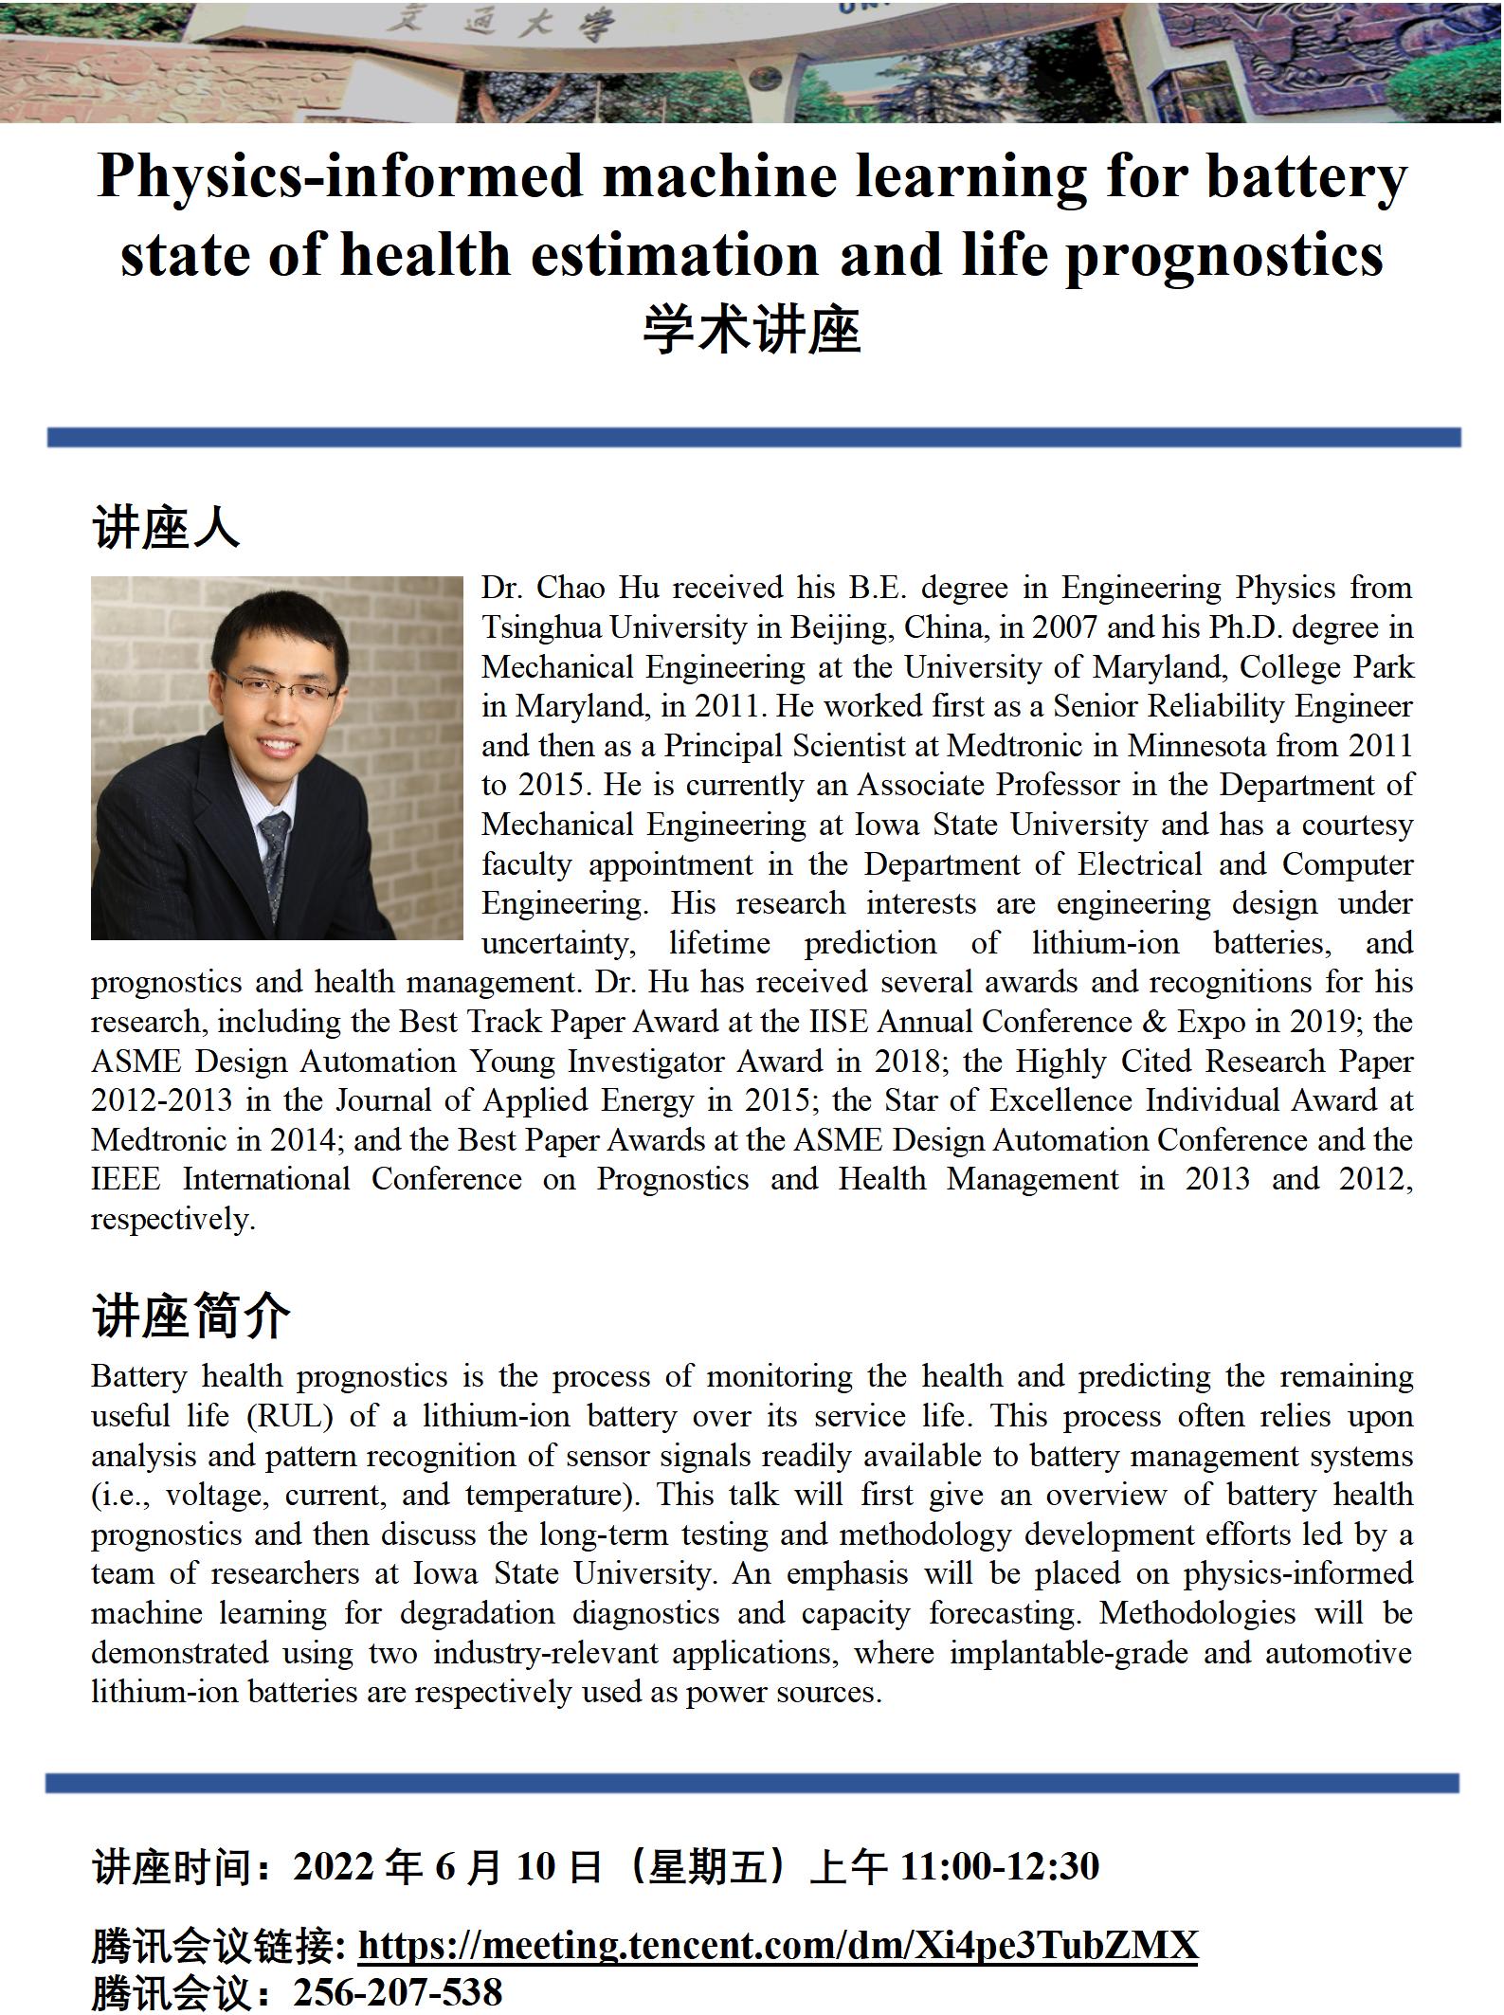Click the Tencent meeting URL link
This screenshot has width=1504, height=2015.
pos(777,1944)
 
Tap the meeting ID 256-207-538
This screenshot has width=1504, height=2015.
pos(397,1992)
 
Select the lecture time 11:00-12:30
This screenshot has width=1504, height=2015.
pos(999,1865)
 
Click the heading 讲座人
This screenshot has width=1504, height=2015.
pos(166,527)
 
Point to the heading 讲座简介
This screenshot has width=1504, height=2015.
pos(190,1316)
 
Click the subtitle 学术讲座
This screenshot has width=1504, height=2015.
pos(752,332)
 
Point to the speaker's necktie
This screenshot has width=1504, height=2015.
pos(275,858)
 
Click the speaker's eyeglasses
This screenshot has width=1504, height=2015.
pos(280,684)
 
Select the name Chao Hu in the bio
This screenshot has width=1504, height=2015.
pos(597,588)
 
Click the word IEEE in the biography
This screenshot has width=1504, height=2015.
pos(126,1179)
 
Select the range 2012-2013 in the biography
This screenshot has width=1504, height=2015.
pos(161,1100)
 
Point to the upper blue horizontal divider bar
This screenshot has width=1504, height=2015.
pos(753,437)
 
